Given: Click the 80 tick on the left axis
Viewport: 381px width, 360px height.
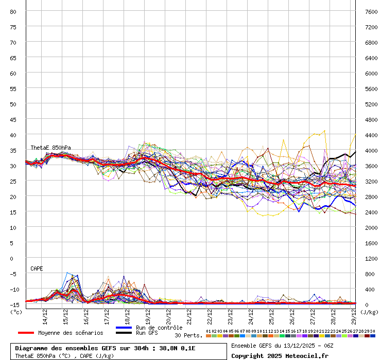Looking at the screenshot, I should (13, 11).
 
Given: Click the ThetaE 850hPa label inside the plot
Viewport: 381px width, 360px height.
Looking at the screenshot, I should (50, 148).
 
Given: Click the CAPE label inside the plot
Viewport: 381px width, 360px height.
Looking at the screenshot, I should (37, 268).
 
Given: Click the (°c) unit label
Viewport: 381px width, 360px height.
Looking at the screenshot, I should (16, 312).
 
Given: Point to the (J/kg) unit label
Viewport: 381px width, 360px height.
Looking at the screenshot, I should (369, 312).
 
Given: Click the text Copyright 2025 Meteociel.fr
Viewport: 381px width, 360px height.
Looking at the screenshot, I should (280, 355).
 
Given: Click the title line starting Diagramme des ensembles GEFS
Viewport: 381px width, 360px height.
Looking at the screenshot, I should (105, 348).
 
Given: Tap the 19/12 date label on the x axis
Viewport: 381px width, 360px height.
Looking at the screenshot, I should (148, 315).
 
